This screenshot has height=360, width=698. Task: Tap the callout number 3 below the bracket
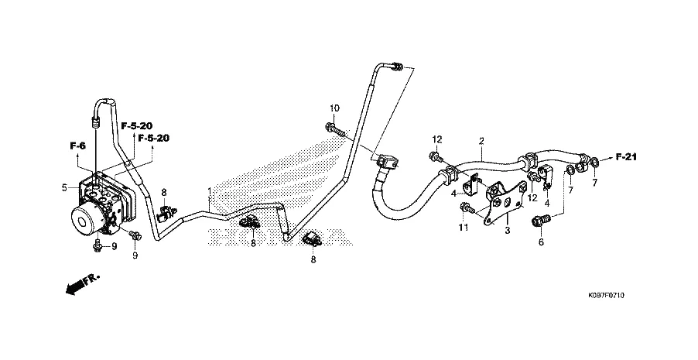(x=507, y=231)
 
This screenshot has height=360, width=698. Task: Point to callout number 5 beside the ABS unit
(x=65, y=187)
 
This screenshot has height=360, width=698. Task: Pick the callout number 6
(x=541, y=242)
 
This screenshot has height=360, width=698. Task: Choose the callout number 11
(x=464, y=228)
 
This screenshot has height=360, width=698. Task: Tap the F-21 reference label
(x=626, y=158)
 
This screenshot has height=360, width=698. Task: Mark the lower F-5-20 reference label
(x=153, y=139)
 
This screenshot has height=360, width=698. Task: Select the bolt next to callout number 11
(x=468, y=207)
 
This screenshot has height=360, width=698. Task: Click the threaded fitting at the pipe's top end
(x=398, y=67)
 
